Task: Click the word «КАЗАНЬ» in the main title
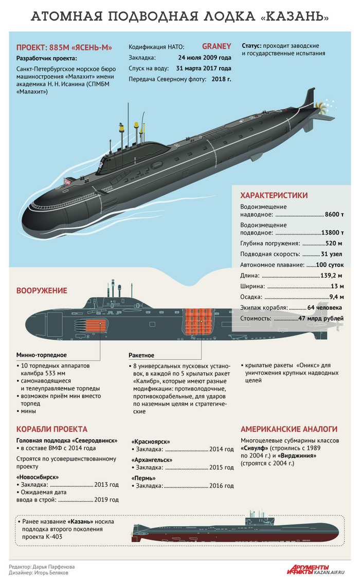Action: [x=295, y=17]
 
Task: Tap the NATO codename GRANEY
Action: [x=217, y=46]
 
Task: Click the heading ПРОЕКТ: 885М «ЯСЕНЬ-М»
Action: [x=64, y=47]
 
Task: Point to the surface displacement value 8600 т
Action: [x=334, y=215]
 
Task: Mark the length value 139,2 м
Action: [x=331, y=275]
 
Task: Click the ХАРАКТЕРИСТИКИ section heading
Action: [x=274, y=195]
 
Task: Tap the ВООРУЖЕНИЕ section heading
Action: [x=42, y=291]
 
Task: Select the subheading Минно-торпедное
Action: [x=42, y=355]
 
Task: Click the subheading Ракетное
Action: [x=141, y=355]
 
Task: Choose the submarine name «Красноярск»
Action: [x=151, y=441]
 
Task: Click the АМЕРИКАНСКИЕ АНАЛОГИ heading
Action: [x=289, y=429]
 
